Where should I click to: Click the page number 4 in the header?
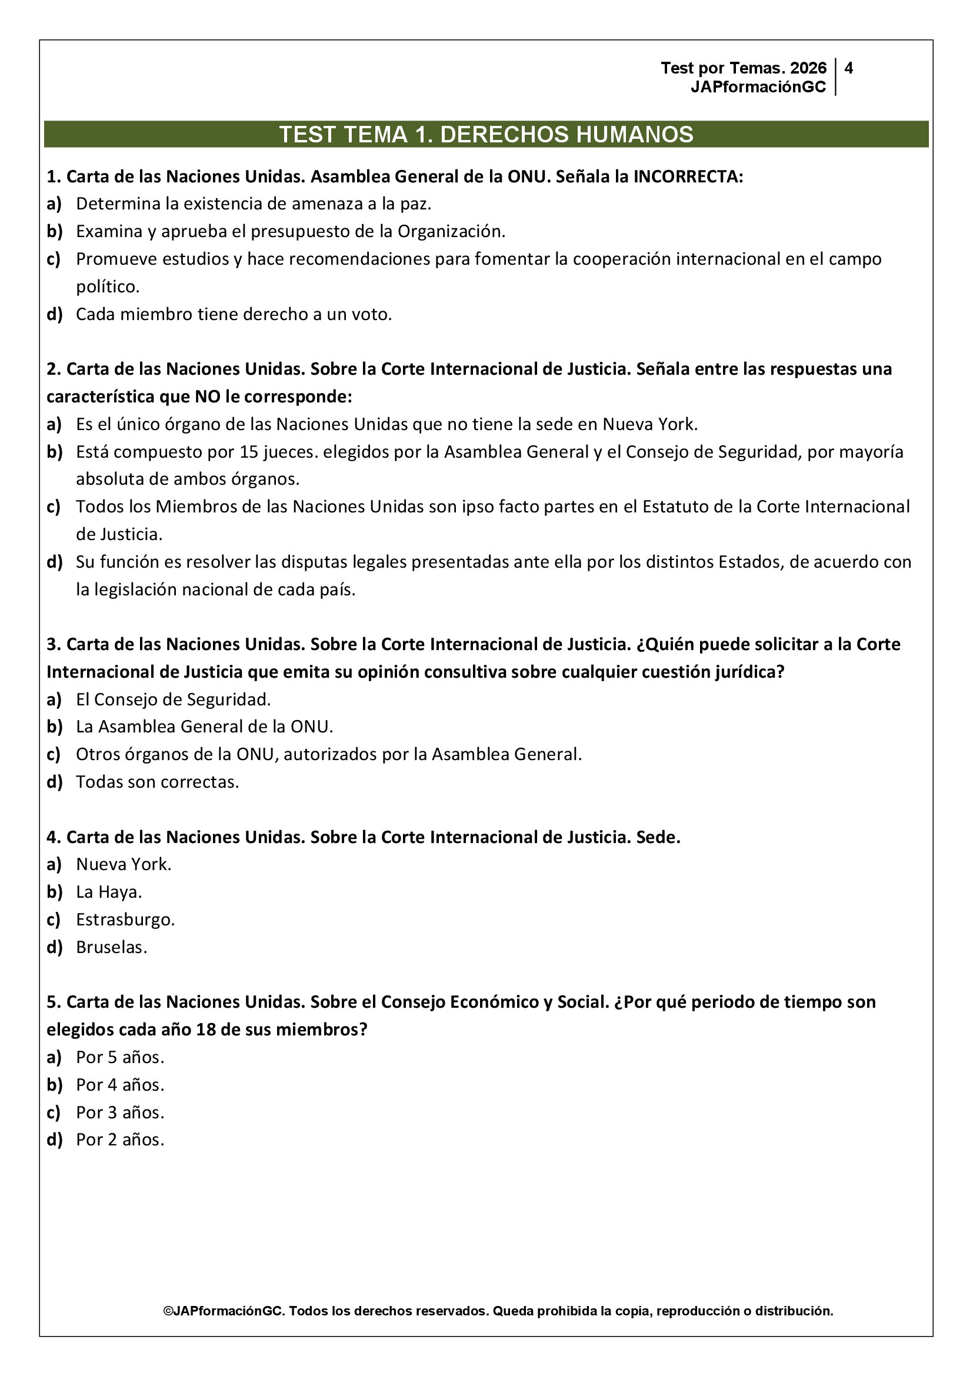point(848,68)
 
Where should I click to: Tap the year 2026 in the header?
point(808,68)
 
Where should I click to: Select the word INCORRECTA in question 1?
point(688,177)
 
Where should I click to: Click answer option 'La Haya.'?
point(108,892)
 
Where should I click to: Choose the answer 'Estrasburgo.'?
point(125,919)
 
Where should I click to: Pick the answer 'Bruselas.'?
point(111,947)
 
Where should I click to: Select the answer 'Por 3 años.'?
point(120,1112)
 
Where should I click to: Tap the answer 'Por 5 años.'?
point(120,1057)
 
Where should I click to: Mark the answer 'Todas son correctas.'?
point(157,781)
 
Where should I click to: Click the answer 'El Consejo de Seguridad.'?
point(173,699)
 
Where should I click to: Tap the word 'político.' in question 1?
point(107,286)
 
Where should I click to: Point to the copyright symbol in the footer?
point(168,1311)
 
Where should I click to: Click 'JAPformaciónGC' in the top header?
point(758,87)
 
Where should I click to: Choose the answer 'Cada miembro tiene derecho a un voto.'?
point(234,314)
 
